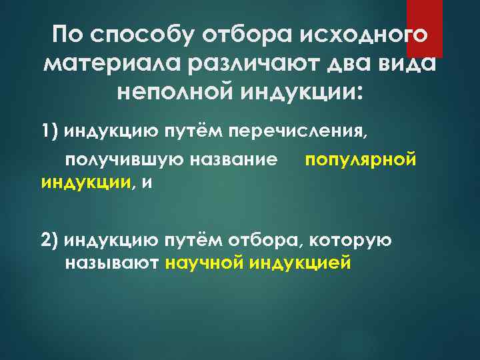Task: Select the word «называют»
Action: tap(111, 263)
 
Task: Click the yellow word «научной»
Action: tap(203, 263)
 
